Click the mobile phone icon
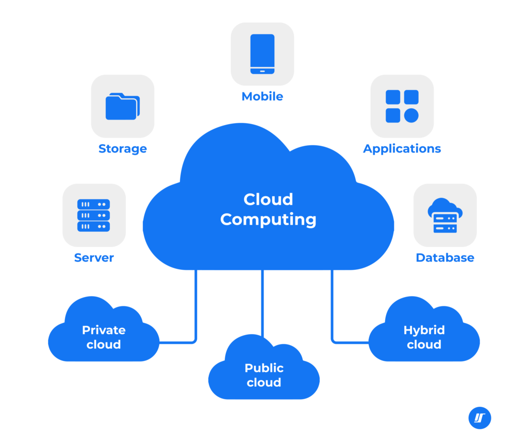pyautogui.click(x=262, y=54)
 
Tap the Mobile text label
pyautogui.click(x=262, y=96)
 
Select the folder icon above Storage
pyautogui.click(x=122, y=106)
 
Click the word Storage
pyautogui.click(x=123, y=149)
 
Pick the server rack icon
pyautogui.click(x=93, y=215)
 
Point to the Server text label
pyautogui.click(x=94, y=257)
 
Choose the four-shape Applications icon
pyautogui.click(x=402, y=106)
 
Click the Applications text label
pyautogui.click(x=402, y=149)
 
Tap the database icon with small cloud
pyautogui.click(x=445, y=215)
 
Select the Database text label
pyautogui.click(x=445, y=257)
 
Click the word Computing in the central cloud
pyautogui.click(x=268, y=220)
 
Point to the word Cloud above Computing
pyautogui.click(x=268, y=199)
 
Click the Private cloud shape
pyautogui.click(x=104, y=337)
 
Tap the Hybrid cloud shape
pyautogui.click(x=424, y=337)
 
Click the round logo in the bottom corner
pyautogui.click(x=480, y=418)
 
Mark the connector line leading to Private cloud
pyautogui.click(x=196, y=309)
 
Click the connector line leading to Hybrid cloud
pyautogui.click(x=332, y=309)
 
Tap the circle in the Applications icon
pyautogui.click(x=411, y=115)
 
